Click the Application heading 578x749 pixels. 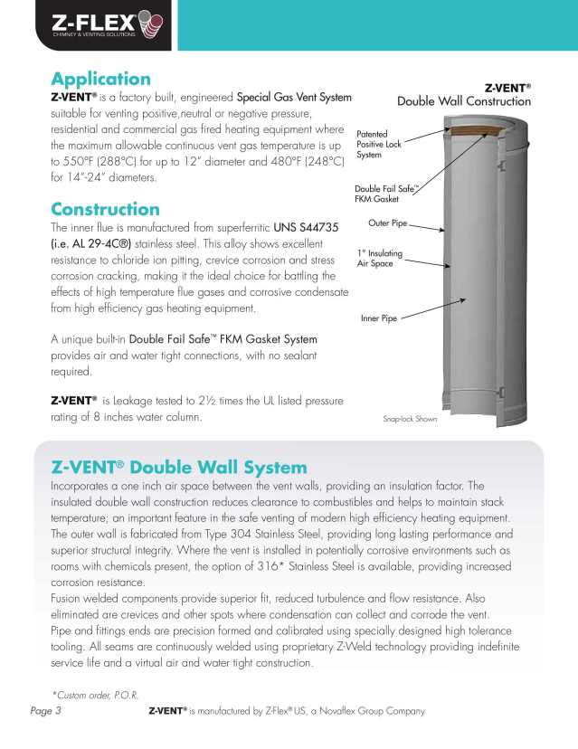tap(100, 79)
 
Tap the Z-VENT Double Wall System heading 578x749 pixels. tap(179, 467)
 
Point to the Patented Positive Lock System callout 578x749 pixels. tap(373, 144)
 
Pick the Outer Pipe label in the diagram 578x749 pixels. tap(390, 223)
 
